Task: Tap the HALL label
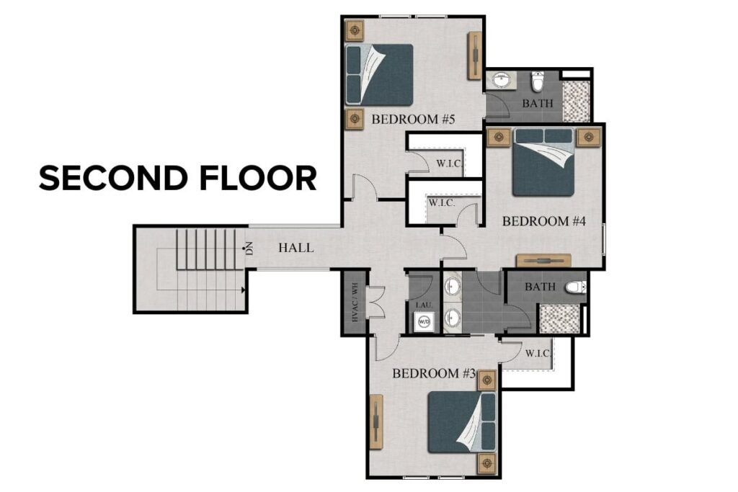[296, 248]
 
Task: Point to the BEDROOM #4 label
[542, 221]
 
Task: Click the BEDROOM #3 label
[435, 374]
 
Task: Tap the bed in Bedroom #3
[462, 421]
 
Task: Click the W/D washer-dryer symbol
[424, 321]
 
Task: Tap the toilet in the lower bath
[574, 287]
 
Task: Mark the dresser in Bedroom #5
[475, 55]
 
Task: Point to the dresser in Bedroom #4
[543, 261]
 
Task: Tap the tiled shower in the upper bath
[576, 101]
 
